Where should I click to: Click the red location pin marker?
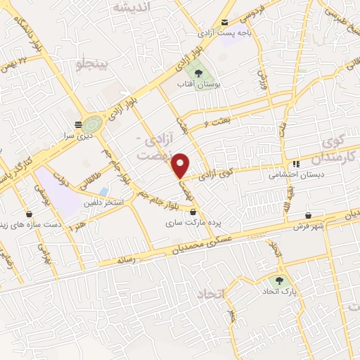pos(181,165)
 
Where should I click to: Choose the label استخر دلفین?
pos(105,202)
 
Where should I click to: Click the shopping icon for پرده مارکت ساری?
pos(193,210)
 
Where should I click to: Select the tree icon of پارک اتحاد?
pos(271,279)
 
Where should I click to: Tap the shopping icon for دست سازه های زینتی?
pos(29,214)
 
